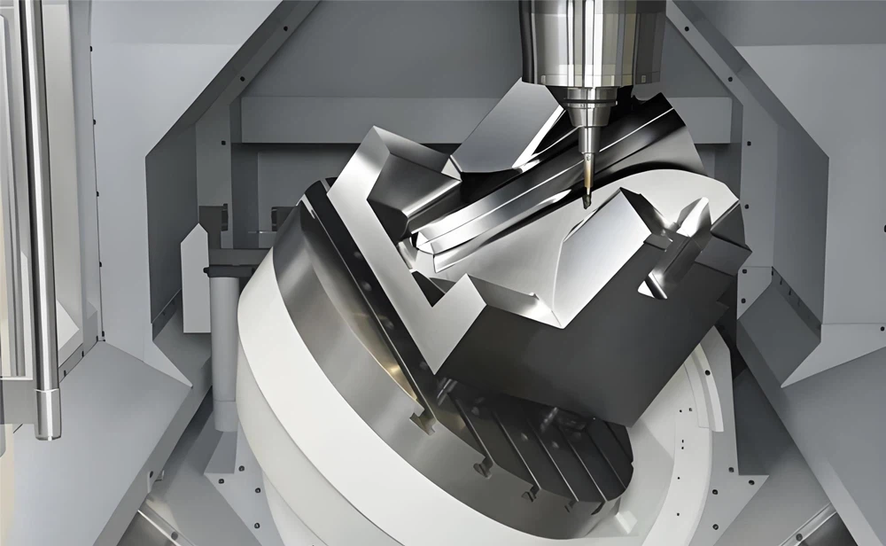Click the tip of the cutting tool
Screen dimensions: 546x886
tap(587, 206)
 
